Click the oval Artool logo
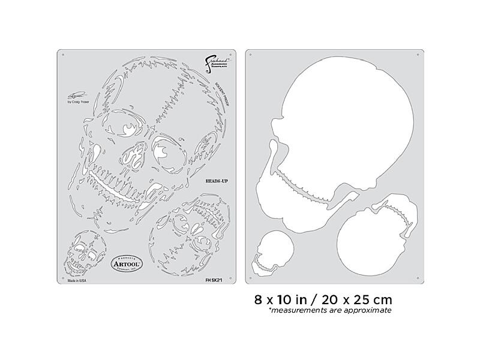click(x=127, y=261)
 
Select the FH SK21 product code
click(x=217, y=279)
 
